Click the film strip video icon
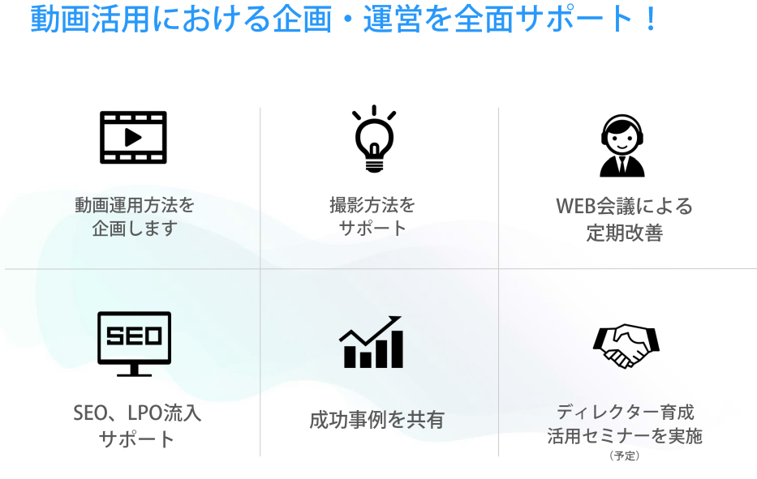(x=133, y=138)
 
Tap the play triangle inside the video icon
(x=133, y=138)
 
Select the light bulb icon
(x=374, y=139)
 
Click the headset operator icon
(x=622, y=146)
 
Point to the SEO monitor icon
(x=134, y=344)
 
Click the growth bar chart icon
(x=372, y=342)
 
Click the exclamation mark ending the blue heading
(x=651, y=19)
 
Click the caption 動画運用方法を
(x=135, y=205)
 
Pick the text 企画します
(x=135, y=229)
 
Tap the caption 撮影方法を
(x=372, y=205)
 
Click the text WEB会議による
(x=624, y=207)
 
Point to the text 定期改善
(x=624, y=233)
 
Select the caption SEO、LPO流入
(x=137, y=413)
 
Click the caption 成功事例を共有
(x=376, y=420)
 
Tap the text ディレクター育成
(x=626, y=413)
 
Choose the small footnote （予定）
(x=624, y=455)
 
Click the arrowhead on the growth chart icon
(x=395, y=320)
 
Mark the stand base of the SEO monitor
(x=134, y=374)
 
